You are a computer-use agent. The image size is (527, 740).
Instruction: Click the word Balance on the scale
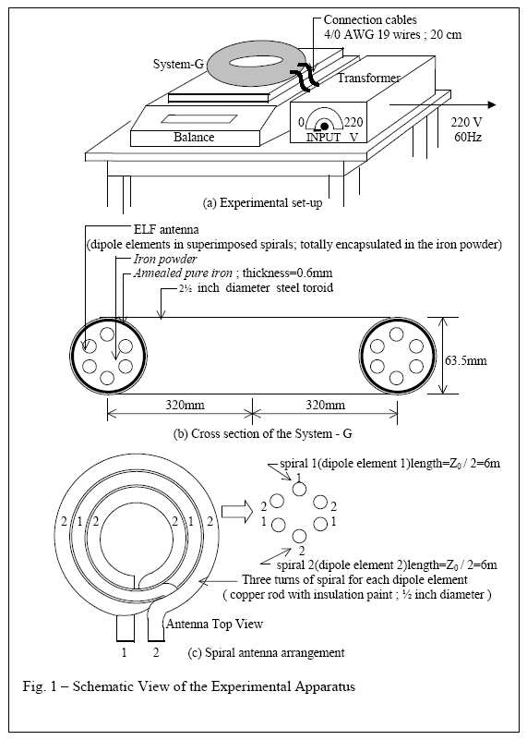[x=194, y=137]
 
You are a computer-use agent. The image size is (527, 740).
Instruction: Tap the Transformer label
[x=368, y=78]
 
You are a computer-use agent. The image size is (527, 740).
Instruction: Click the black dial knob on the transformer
[x=324, y=126]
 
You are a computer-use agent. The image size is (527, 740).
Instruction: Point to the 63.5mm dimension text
[x=466, y=360]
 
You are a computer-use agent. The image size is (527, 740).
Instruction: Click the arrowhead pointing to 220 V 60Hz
[x=492, y=104]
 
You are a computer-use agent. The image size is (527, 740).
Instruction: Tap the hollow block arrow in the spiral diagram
[x=237, y=512]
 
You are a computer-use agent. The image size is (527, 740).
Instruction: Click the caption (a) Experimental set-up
[x=262, y=203]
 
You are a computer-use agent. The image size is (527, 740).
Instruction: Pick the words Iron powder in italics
[x=165, y=259]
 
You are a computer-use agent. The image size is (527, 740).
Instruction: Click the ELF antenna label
[x=166, y=229]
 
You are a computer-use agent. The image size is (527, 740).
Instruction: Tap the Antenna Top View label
[x=214, y=624]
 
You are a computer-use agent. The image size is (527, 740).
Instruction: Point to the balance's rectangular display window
[x=199, y=119]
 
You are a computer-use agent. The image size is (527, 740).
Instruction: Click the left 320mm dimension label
[x=185, y=405]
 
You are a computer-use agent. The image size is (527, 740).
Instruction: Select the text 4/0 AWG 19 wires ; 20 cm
[x=392, y=34]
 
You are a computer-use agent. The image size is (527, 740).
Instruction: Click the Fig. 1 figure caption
[x=188, y=685]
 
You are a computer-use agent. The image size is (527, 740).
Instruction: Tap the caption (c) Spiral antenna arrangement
[x=266, y=652]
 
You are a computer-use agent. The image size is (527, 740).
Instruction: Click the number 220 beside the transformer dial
[x=353, y=122]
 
